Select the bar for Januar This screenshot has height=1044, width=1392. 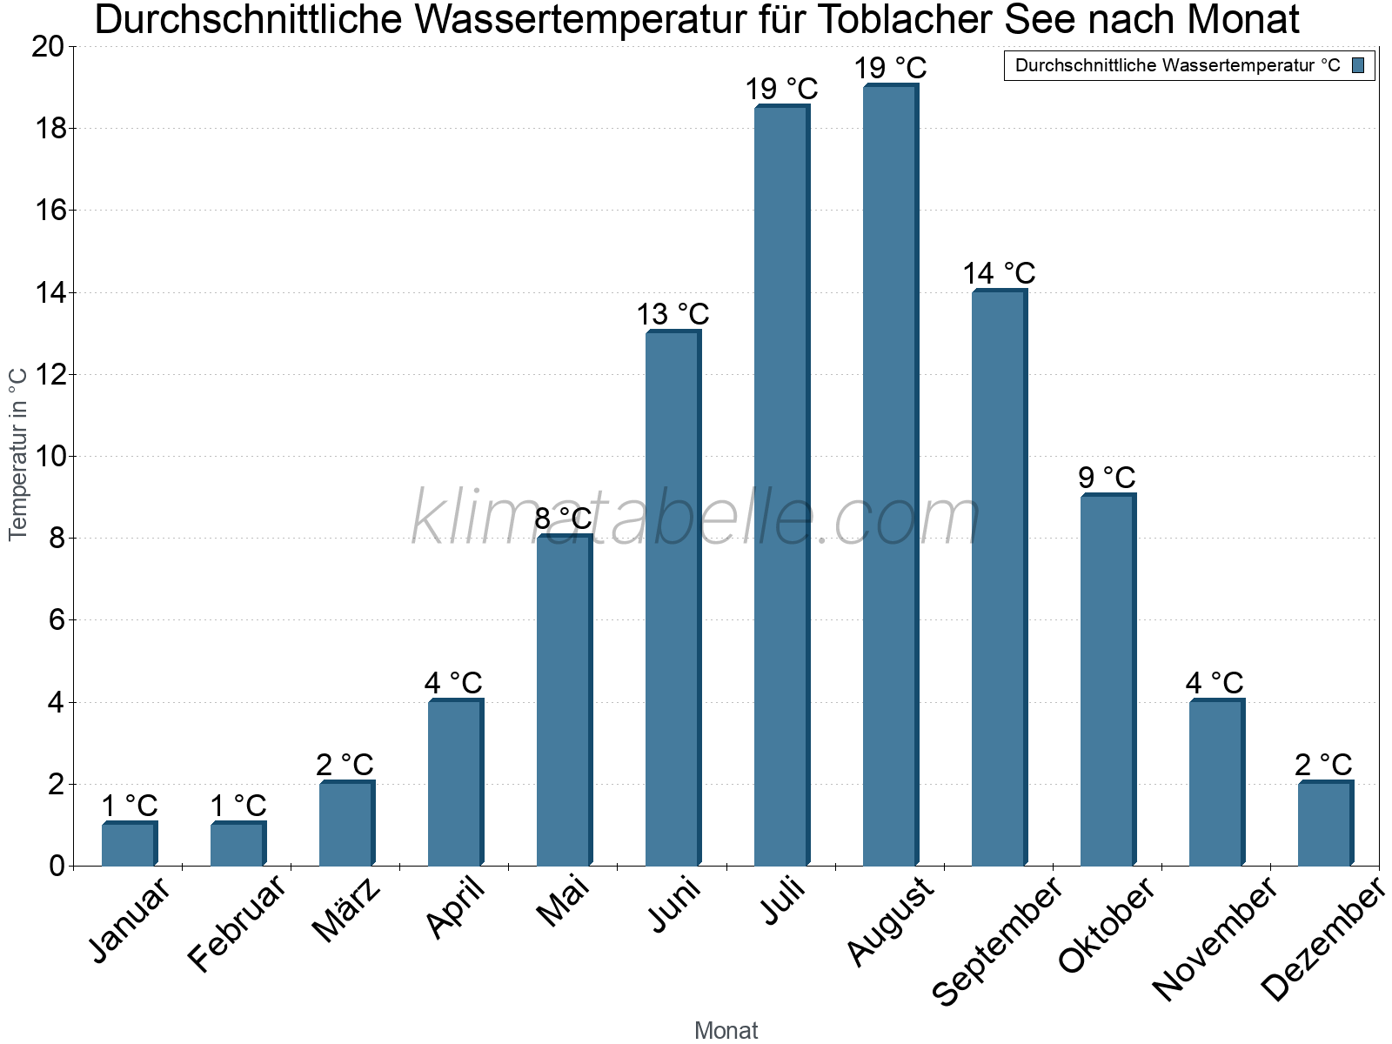(x=129, y=844)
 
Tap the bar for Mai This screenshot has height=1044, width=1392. (x=564, y=700)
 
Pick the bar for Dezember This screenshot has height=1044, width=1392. (x=1325, y=824)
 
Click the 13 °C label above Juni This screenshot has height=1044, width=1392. (x=673, y=314)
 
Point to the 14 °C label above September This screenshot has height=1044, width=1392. (x=999, y=273)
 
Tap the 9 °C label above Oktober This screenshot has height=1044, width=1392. (x=1107, y=478)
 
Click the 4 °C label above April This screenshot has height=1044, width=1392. (x=453, y=683)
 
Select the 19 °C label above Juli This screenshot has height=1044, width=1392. (x=781, y=89)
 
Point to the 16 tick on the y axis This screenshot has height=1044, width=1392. (x=50, y=211)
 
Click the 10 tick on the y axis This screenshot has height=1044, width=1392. (x=50, y=457)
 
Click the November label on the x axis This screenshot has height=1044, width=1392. (x=1215, y=938)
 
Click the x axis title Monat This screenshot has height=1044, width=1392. (x=726, y=1030)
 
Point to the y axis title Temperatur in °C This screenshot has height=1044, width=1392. (x=19, y=453)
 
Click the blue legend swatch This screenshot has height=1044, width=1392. (x=1358, y=65)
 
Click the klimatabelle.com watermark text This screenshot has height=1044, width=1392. (x=696, y=519)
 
